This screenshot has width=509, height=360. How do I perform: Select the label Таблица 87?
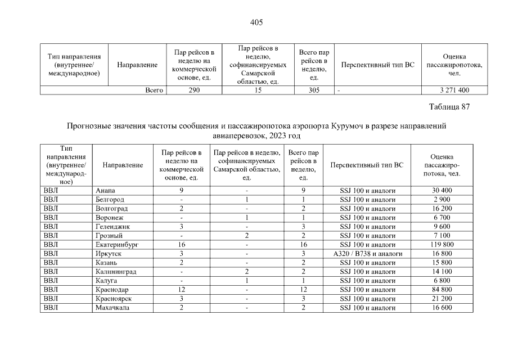[449, 107]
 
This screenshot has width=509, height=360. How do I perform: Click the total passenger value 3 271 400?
[454, 90]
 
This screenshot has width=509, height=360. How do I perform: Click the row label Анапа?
[106, 191]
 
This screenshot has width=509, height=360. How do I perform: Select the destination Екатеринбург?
[117, 245]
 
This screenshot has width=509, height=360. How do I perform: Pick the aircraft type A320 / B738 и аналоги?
[367, 254]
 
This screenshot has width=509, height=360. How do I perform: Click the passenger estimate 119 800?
[442, 245]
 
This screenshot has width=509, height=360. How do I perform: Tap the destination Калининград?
[116, 272]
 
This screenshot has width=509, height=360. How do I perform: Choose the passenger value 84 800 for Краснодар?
[442, 290]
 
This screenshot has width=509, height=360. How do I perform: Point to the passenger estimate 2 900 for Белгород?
[442, 200]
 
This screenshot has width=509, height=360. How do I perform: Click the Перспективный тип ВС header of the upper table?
[377, 65]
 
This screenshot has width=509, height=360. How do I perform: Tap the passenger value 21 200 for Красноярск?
[442, 299]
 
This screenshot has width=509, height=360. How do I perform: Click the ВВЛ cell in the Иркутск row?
[51, 254]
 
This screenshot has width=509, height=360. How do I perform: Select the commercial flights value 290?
[193, 90]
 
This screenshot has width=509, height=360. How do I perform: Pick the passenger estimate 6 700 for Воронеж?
[442, 218]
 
